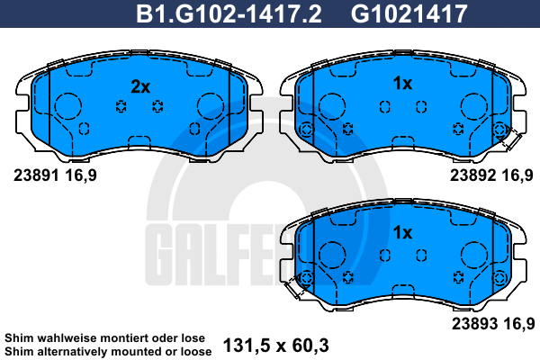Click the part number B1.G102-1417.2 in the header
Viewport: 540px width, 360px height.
coord(229,13)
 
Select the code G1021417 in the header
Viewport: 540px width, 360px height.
coord(409,13)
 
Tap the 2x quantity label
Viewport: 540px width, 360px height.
coord(140,86)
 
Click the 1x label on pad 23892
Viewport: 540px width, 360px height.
coord(402,83)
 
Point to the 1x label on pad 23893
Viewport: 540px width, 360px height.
coord(402,232)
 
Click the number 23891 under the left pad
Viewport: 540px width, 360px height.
coord(36,175)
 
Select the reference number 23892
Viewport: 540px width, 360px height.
coord(472,175)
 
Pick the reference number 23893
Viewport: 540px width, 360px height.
coord(474,323)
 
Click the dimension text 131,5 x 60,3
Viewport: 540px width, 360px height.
coord(276,345)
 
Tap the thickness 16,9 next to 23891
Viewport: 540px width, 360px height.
coord(81,175)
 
